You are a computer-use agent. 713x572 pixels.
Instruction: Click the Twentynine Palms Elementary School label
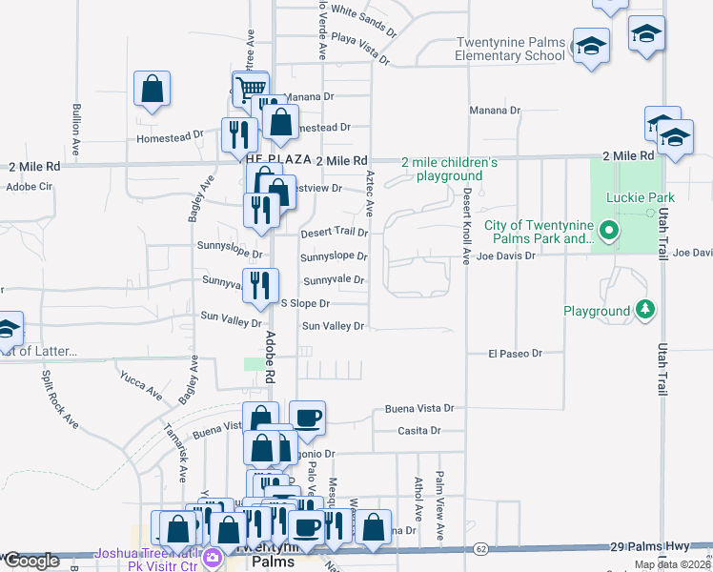point(511,49)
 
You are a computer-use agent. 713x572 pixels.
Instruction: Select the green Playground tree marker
point(645,310)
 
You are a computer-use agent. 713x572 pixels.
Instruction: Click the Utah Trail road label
point(661,343)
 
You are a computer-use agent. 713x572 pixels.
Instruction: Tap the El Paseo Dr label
point(515,353)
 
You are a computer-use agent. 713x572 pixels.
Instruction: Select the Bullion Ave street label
point(75,124)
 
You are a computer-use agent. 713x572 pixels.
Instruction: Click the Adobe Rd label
point(270,352)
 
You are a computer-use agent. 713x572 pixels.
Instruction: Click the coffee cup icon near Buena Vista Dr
point(307,417)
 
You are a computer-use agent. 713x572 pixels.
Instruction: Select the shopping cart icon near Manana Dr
point(251,89)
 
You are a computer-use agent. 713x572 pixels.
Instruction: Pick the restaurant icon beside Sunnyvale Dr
point(260,284)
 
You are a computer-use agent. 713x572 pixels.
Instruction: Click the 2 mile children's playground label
point(450,170)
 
